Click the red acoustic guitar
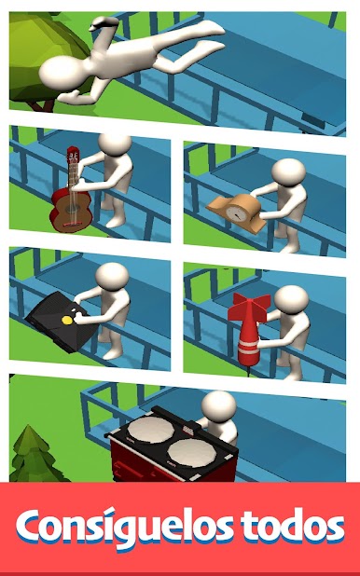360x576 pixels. coord(72,195)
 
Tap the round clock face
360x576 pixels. coord(235,213)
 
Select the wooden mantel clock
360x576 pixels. coord(237,212)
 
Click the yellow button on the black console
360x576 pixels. coord(67,320)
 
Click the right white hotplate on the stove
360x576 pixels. coord(191,453)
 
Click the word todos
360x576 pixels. coord(293,526)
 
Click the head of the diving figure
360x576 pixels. coord(62,74)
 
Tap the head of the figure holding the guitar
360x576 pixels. coord(115,144)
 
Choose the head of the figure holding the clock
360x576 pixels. coord(289,172)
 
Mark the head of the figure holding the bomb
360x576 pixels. coord(291,299)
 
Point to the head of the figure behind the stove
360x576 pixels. coord(219,405)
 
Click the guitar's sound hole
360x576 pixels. coord(70,210)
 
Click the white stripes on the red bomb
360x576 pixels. coord(249,349)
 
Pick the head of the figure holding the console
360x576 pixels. coord(112,277)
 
